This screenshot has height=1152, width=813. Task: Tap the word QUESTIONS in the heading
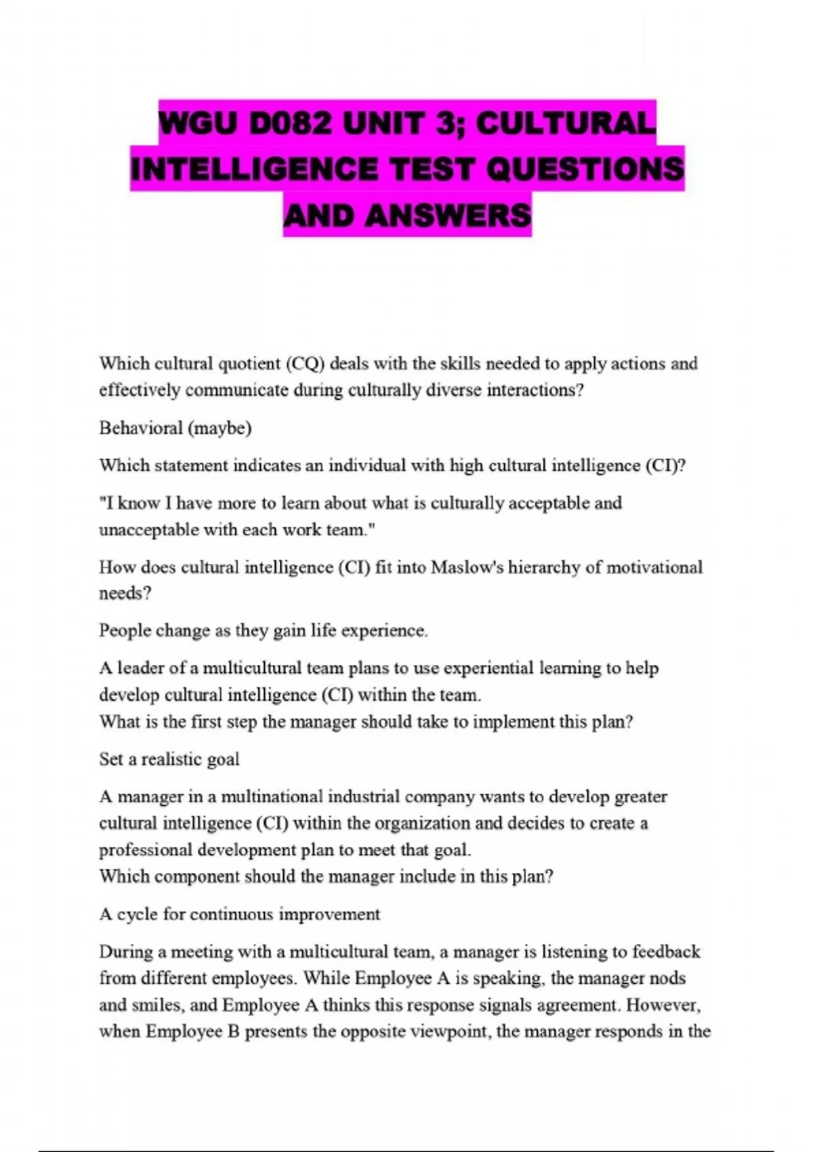coord(585,169)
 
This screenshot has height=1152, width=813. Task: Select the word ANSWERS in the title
coord(448,215)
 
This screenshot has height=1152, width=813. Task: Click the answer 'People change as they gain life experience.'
coord(264,631)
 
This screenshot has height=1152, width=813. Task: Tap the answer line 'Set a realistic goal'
coord(169,759)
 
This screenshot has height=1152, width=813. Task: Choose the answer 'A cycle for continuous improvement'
coord(240,914)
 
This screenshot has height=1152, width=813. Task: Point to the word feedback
coord(666,951)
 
